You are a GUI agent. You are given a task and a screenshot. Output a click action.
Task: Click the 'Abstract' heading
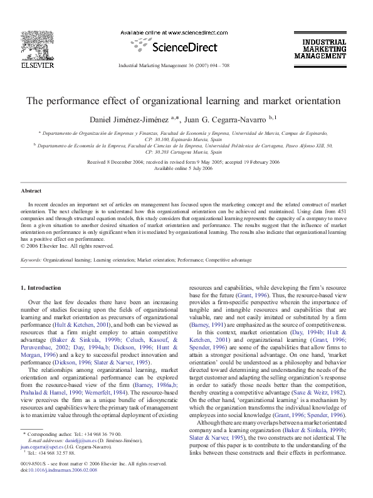[31, 190]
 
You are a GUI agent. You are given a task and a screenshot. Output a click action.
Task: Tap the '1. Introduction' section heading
[41, 287]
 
